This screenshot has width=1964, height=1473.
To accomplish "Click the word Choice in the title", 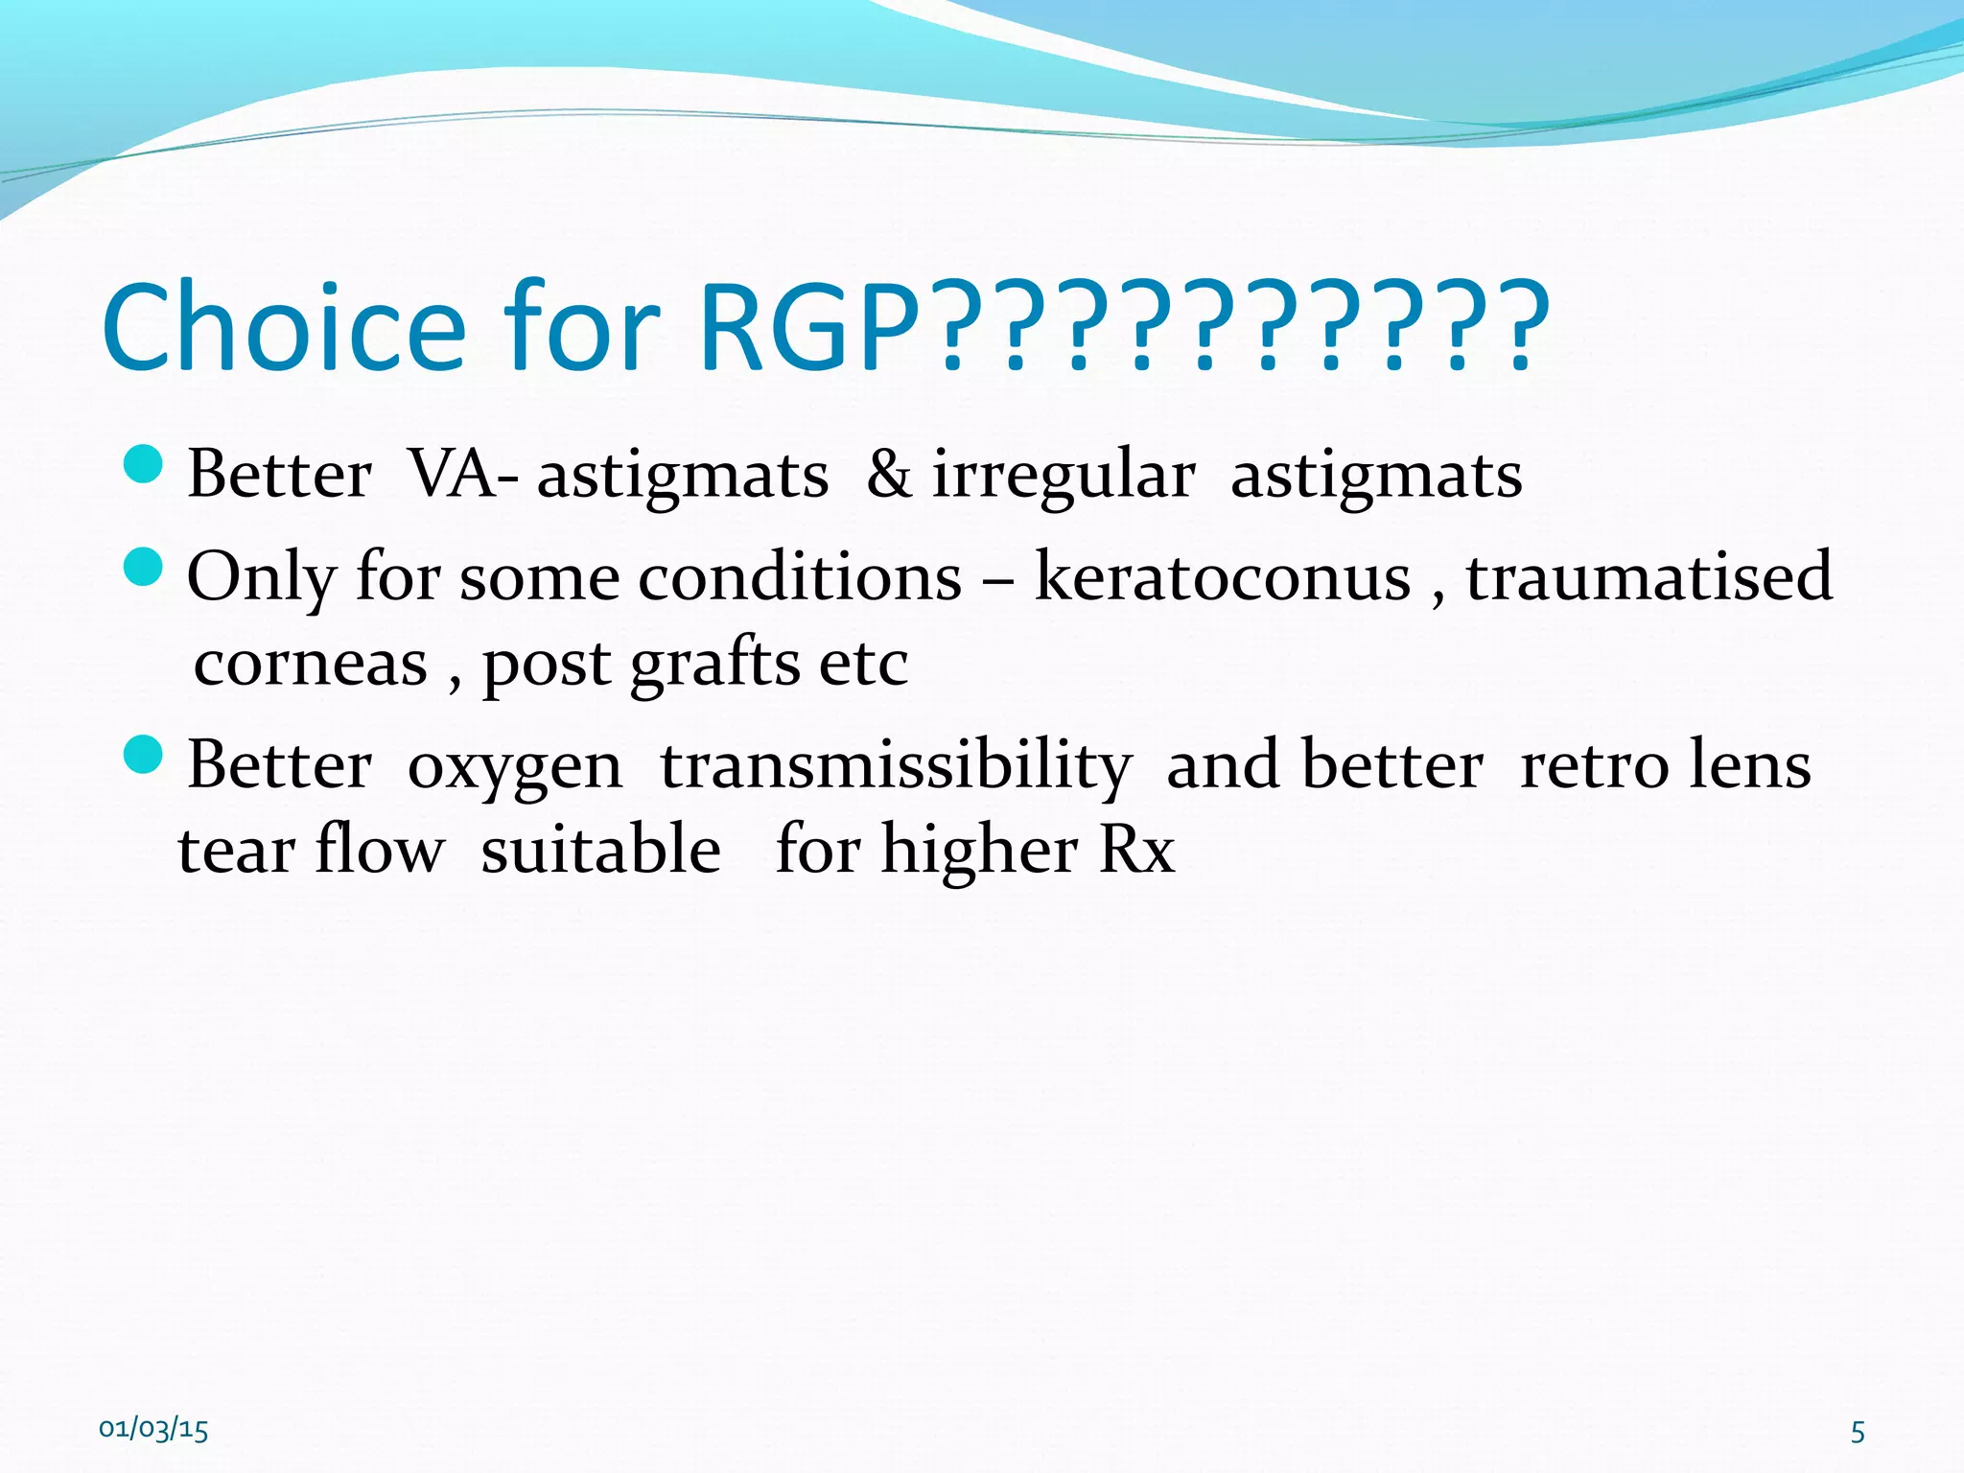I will click(284, 328).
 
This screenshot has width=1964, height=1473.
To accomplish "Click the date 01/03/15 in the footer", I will click(153, 1430).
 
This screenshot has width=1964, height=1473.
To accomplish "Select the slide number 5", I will click(1858, 1433).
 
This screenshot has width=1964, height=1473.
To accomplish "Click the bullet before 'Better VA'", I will click(144, 464).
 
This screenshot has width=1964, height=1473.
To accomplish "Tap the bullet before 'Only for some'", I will click(144, 567).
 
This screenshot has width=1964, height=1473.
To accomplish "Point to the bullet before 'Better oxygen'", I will click(144, 755).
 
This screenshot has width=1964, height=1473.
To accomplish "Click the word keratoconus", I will click(1223, 577).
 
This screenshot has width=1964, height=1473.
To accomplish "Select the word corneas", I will click(311, 664).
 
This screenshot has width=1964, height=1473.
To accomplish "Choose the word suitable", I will click(600, 851).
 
